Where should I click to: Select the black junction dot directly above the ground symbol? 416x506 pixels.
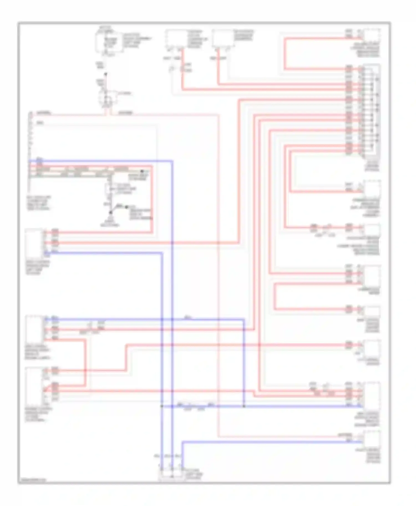pyautogui.click(x=111, y=213)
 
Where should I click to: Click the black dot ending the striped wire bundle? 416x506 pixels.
pyautogui.click(x=142, y=171)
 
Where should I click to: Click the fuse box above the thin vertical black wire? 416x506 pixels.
pyautogui.click(x=109, y=42)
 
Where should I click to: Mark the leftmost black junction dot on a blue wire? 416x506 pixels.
pyautogui.click(x=161, y=406)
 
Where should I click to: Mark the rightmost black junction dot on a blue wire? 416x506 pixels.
pyautogui.click(x=244, y=406)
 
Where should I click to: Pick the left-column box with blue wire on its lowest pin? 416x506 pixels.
pyautogui.click(x=34, y=244)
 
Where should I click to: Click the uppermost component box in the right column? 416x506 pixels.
pyautogui.click(x=372, y=36)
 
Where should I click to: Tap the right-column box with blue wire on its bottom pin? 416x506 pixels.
pyautogui.click(x=372, y=396)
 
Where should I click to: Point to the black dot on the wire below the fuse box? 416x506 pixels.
pyautogui.click(x=106, y=74)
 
